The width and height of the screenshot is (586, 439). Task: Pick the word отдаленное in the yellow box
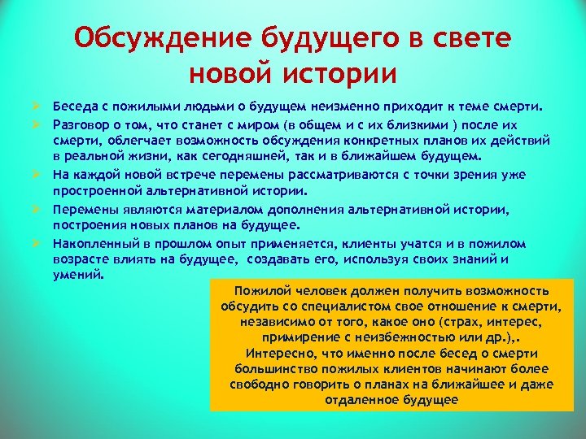pyautogui.click(x=361, y=400)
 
